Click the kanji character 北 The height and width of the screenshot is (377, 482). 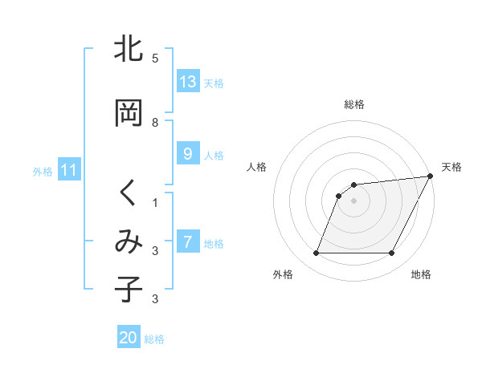tap(129, 50)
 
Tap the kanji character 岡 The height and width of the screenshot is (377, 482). tap(129, 113)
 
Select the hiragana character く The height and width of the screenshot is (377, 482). tap(129, 193)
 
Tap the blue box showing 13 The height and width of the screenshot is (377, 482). tap(188, 82)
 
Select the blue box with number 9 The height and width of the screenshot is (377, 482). tap(188, 154)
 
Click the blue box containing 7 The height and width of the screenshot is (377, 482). tap(188, 242)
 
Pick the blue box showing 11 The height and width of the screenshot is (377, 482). tap(69, 170)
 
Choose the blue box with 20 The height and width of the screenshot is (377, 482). tap(129, 338)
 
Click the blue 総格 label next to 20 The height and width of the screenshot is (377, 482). tap(155, 339)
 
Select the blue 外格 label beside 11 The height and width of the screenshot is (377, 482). tap(43, 171)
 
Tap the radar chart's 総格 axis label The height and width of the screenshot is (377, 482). tap(354, 104)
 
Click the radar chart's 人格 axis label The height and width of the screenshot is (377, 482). tap(257, 167)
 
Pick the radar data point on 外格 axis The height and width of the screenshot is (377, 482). tap(316, 253)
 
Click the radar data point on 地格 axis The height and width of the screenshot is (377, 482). tap(392, 253)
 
